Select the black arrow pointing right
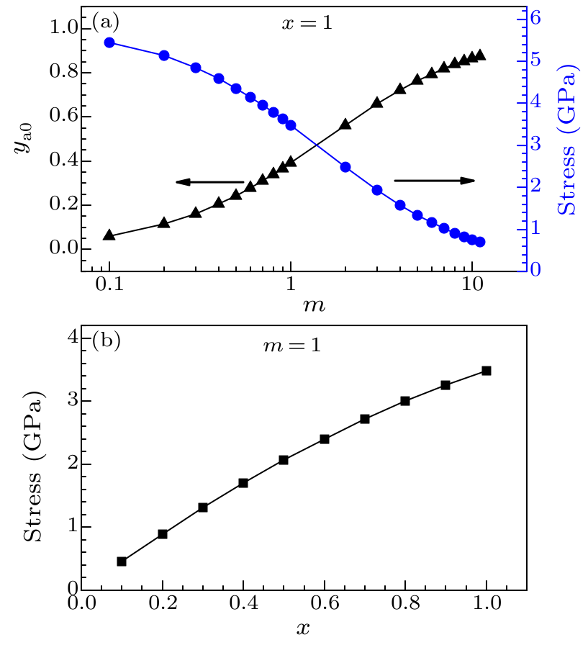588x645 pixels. click(x=435, y=180)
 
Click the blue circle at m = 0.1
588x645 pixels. click(x=109, y=42)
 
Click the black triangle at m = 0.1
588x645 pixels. click(x=109, y=235)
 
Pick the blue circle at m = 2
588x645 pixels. click(x=345, y=167)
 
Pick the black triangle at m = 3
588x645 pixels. click(x=377, y=104)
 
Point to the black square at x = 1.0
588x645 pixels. click(x=487, y=371)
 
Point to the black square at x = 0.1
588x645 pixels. click(x=122, y=561)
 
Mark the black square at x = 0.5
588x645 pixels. click(x=284, y=460)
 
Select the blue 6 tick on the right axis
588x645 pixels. click(x=535, y=19)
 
